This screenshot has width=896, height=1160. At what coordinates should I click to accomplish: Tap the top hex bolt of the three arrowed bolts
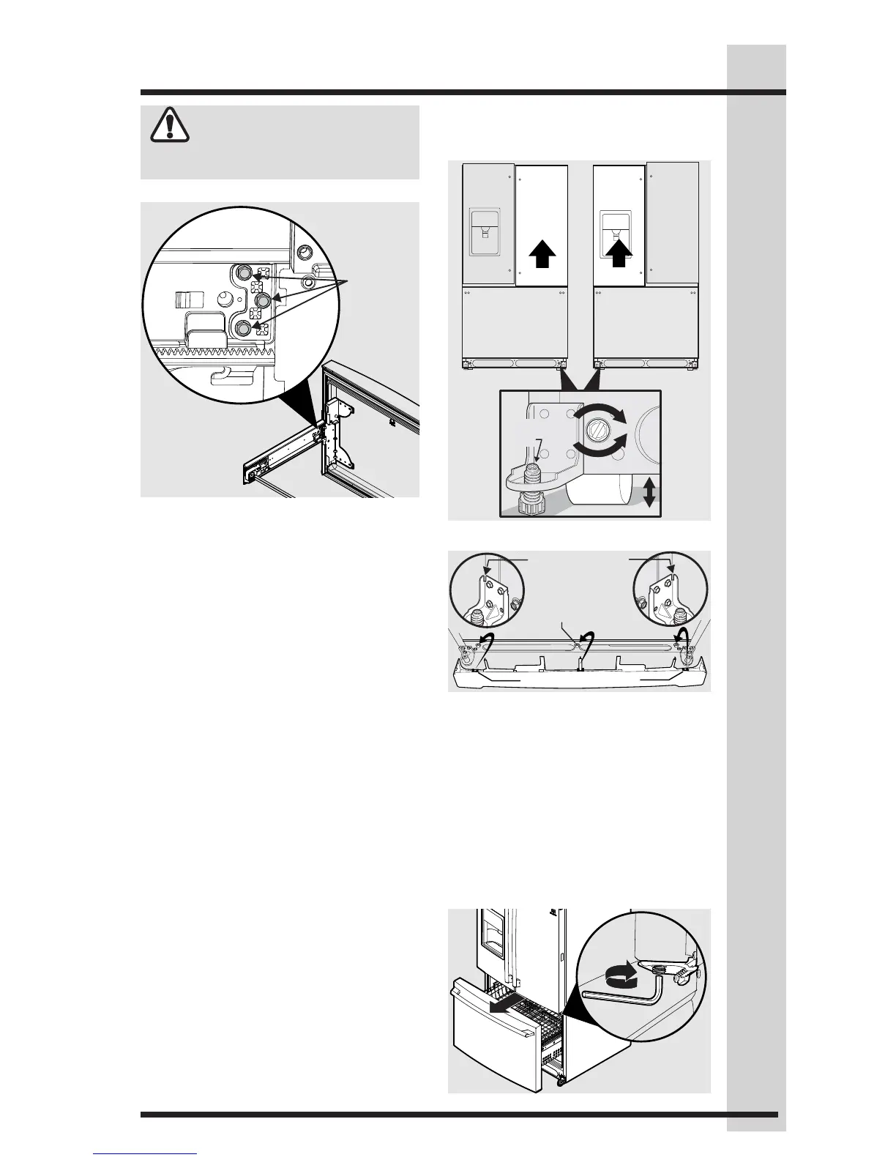point(243,273)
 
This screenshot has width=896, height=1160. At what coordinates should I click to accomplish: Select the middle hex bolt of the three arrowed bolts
point(261,300)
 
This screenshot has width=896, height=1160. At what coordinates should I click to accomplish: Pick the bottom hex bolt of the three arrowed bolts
point(243,329)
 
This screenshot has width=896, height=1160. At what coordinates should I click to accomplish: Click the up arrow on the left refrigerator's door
point(542,257)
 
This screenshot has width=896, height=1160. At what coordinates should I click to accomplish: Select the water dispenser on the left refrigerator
point(484,234)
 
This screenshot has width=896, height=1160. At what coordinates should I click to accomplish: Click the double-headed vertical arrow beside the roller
point(649,491)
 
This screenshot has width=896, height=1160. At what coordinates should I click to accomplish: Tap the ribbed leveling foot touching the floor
point(537,505)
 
